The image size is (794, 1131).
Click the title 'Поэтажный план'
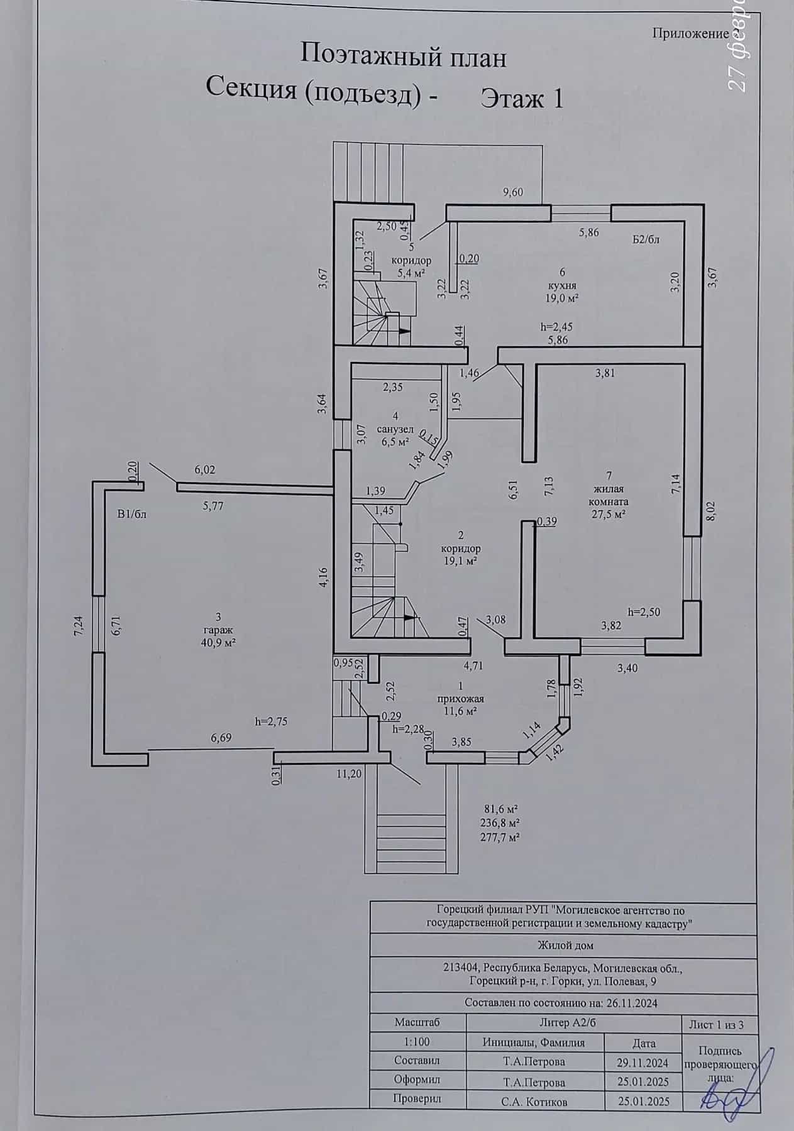tap(403, 56)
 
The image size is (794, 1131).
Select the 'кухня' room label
tap(562, 285)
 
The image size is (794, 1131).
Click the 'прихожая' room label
tap(462, 698)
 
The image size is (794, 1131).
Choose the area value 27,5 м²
tap(608, 513)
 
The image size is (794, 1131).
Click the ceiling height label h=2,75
tap(272, 721)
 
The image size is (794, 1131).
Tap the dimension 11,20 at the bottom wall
tap(350, 774)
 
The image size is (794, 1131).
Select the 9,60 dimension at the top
tap(512, 193)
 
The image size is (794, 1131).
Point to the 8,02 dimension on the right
tap(711, 511)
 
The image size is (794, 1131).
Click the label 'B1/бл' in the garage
tap(131, 514)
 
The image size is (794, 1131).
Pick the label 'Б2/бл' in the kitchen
tap(646, 239)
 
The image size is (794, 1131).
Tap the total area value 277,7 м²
tap(502, 837)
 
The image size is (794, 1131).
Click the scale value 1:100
tap(417, 1042)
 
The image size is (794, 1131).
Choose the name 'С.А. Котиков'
tap(534, 1101)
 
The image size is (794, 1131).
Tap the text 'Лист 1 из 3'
tap(717, 1025)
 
